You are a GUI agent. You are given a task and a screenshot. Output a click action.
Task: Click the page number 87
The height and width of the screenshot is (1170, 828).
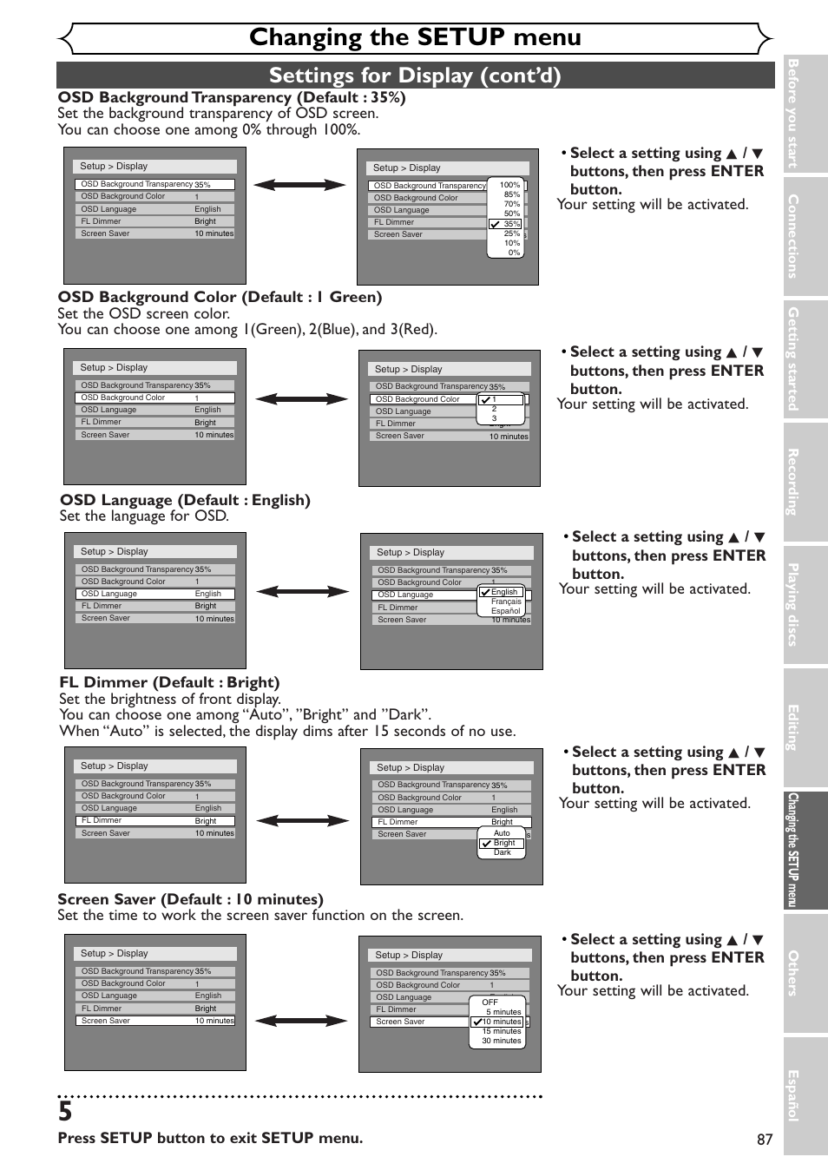pyautogui.click(x=764, y=1140)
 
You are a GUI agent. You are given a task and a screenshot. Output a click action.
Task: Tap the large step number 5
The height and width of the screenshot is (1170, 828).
pyautogui.click(x=66, y=1112)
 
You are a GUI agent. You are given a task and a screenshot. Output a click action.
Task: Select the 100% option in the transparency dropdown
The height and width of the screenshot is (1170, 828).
pyautogui.click(x=509, y=185)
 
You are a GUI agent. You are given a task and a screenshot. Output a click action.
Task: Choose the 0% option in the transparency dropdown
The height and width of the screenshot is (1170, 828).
pyautogui.click(x=514, y=253)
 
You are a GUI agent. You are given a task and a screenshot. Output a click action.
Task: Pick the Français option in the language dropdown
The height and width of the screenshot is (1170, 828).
pyautogui.click(x=506, y=601)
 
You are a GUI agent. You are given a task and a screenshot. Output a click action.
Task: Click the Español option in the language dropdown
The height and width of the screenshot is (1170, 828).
pyautogui.click(x=505, y=611)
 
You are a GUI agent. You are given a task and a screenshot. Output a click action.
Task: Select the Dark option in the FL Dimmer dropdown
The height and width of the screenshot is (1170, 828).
pyautogui.click(x=503, y=852)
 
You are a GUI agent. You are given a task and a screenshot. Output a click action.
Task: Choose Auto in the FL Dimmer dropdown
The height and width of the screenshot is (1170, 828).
pyautogui.click(x=502, y=833)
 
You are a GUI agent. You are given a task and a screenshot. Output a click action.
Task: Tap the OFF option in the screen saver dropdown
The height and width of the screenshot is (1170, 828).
pyautogui.click(x=490, y=1002)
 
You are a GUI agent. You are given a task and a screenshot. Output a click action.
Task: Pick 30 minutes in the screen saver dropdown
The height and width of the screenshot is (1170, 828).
pyautogui.click(x=502, y=1041)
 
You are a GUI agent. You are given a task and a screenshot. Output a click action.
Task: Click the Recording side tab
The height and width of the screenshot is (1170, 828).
pyautogui.click(x=793, y=482)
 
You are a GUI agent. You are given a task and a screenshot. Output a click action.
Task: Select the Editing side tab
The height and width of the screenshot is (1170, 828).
pyautogui.click(x=793, y=727)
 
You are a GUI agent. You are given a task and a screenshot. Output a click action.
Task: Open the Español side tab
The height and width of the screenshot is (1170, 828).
pyautogui.click(x=793, y=1095)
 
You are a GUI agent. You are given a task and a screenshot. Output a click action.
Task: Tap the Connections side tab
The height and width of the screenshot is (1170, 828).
pyautogui.click(x=793, y=236)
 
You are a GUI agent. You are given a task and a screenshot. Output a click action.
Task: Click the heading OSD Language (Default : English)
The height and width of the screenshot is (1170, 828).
pyautogui.click(x=185, y=500)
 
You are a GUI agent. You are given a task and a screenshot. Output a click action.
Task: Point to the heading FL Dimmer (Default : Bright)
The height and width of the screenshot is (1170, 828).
pyautogui.click(x=169, y=682)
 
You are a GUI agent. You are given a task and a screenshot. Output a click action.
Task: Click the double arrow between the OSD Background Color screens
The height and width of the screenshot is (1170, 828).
pyautogui.click(x=301, y=399)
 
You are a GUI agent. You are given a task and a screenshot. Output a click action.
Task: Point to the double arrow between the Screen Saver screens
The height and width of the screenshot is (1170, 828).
pyautogui.click(x=301, y=1021)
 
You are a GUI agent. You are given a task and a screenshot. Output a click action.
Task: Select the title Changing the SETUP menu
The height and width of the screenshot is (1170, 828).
pyautogui.click(x=415, y=37)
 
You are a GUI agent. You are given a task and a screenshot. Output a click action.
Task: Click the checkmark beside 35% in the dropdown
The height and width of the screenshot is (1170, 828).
pyautogui.click(x=495, y=224)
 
